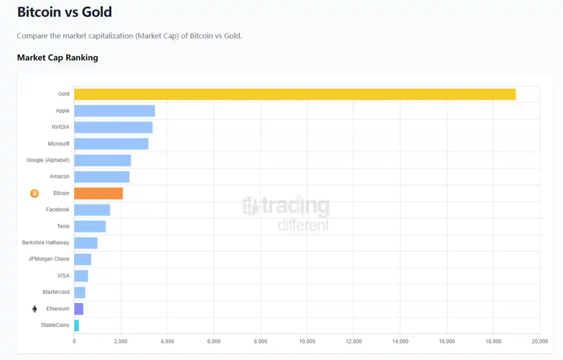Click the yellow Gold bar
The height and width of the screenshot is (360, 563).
[x=295, y=94]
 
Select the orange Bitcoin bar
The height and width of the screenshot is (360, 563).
[x=99, y=193]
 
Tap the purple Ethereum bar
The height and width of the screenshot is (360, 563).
[x=79, y=309]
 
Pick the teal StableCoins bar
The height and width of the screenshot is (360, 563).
[x=77, y=326]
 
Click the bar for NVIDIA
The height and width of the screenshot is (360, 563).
[x=113, y=127]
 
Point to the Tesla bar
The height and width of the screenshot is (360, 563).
[x=90, y=226]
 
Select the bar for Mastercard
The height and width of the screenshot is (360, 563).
[x=80, y=292]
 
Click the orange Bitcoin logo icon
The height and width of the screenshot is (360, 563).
[x=34, y=194]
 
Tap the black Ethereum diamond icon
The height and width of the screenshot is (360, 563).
[x=34, y=309]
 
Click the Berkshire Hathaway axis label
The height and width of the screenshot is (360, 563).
[x=45, y=243]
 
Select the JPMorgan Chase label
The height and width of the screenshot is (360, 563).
[x=48, y=259]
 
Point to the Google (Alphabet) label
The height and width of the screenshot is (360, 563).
[x=48, y=160]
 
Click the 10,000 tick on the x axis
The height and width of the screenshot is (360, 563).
[x=307, y=342]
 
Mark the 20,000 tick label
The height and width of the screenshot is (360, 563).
[x=539, y=342]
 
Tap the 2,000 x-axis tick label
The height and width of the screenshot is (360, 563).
[x=120, y=342]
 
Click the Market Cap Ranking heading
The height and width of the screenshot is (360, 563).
[x=57, y=58]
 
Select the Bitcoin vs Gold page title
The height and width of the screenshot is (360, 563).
[x=65, y=13]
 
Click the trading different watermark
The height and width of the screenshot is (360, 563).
[x=286, y=214]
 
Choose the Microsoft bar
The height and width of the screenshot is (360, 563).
[x=111, y=144]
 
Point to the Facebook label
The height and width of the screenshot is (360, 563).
[x=57, y=210]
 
